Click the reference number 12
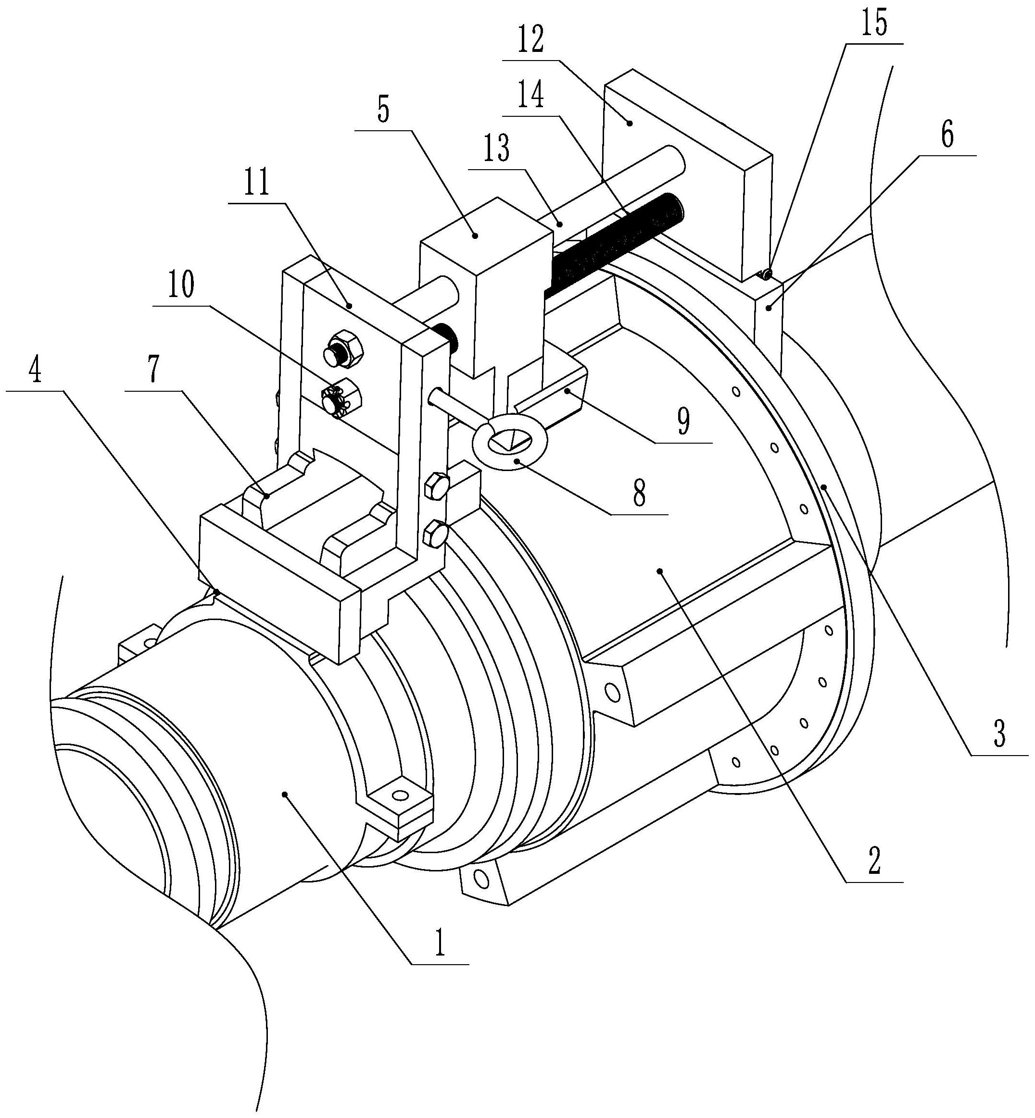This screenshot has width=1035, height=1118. click(530, 40)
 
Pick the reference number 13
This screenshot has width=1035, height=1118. click(497, 149)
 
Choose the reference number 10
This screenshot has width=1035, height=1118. click(181, 285)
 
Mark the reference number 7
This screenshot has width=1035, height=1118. click(153, 368)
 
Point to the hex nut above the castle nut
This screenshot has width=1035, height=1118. click(343, 350)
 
